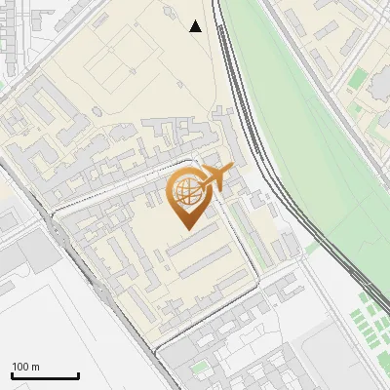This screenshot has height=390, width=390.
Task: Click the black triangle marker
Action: click(196, 26)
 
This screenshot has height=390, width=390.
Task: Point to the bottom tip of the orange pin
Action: click(185, 228)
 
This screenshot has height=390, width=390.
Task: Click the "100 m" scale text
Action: click(25, 367)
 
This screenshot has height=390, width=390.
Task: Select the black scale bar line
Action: click(45, 375)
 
